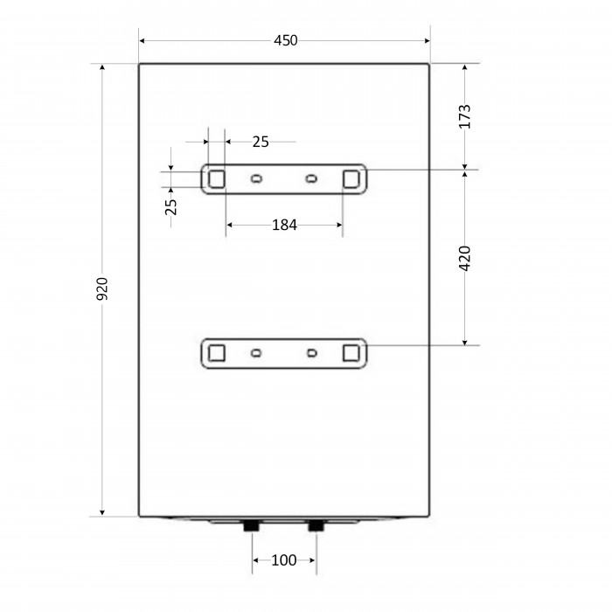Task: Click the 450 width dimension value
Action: pos(285,40)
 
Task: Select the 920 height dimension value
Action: pos(102,289)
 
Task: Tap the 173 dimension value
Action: pos(464,116)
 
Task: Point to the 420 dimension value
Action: pos(464,259)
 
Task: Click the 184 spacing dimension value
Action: pos(284,226)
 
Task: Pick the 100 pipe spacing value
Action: pos(284,560)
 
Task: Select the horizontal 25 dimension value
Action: pos(261,142)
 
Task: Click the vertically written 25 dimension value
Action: pos(171,207)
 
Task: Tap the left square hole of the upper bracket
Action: pos(217,179)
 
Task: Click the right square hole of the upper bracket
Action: pos(351,179)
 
